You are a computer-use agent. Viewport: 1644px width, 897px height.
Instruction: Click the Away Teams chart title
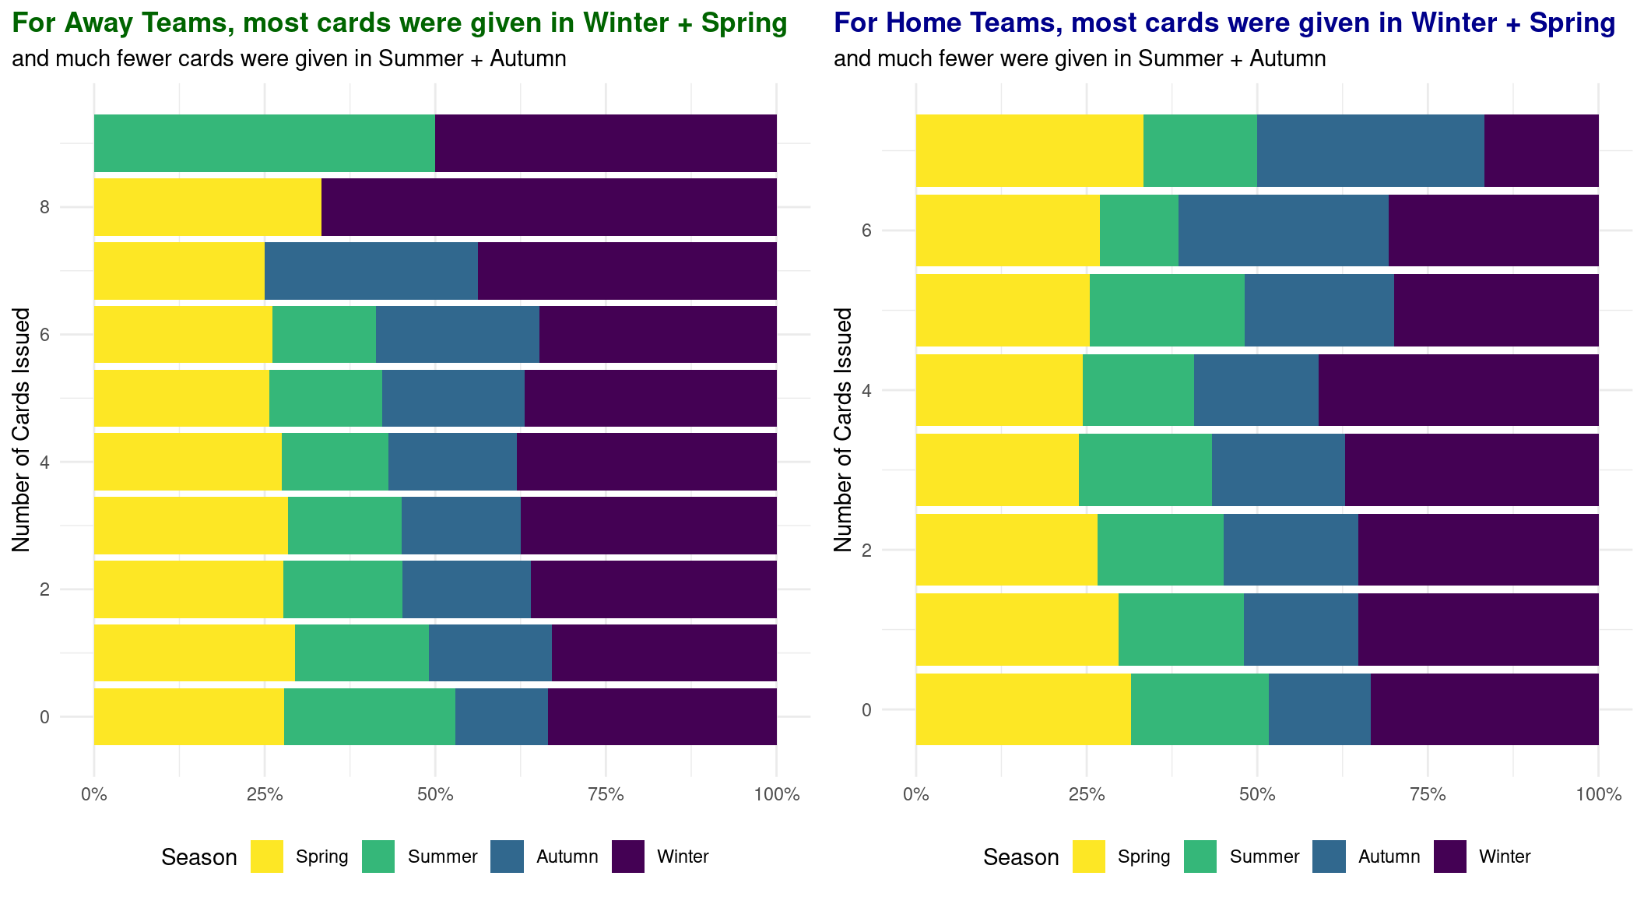coord(399,23)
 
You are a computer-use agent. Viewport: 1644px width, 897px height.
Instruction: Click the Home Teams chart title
coord(1224,23)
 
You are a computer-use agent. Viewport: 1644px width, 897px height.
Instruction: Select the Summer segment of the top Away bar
coord(264,143)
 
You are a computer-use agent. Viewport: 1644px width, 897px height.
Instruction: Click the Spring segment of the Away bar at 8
coord(207,207)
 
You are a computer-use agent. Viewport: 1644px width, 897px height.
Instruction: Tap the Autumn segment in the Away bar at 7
coord(371,271)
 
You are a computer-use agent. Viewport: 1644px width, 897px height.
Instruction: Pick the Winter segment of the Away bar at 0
coord(662,716)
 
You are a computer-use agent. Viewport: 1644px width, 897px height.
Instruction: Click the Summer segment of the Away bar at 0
coord(369,716)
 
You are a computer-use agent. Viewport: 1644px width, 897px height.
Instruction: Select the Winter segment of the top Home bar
coord(1541,150)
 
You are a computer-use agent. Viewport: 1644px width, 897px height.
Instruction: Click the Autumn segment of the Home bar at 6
coord(1283,230)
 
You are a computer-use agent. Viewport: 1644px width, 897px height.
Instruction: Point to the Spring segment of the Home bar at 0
coord(1023,709)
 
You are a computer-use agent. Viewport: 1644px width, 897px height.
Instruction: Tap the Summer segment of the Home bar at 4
coord(1138,390)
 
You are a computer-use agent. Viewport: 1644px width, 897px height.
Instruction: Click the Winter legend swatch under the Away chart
coord(628,857)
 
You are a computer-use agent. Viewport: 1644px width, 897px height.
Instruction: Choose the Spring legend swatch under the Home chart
coord(1088,857)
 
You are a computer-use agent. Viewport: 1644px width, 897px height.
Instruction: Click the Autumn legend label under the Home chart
coord(1389,857)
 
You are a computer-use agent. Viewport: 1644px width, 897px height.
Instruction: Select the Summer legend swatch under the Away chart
coord(379,857)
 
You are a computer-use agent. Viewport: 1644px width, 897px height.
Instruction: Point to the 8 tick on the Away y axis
coord(44,207)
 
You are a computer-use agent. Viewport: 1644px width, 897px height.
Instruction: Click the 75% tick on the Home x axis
coord(1428,795)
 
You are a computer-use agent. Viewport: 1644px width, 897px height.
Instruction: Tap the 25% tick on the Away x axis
coord(265,795)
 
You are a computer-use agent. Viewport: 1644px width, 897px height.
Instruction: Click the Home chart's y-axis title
coord(843,430)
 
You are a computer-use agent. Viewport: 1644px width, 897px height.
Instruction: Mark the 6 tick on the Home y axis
coord(866,230)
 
